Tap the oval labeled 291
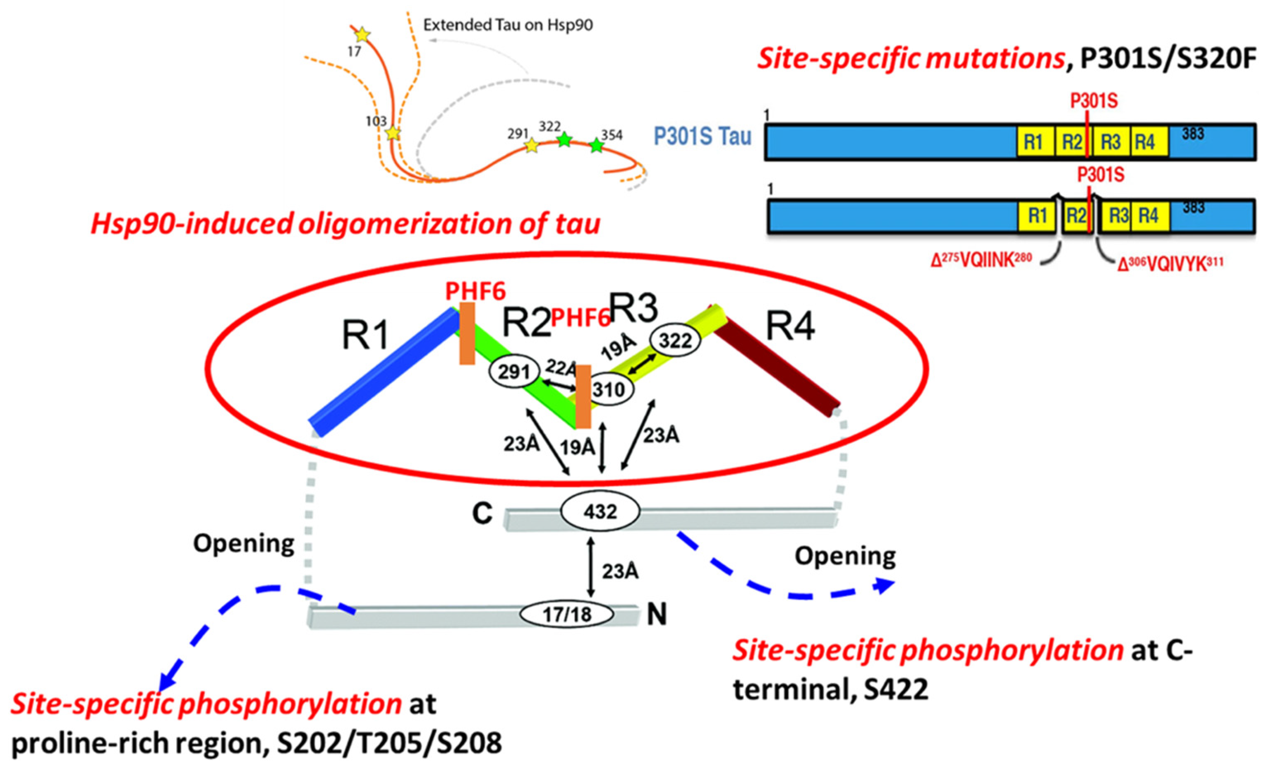pyautogui.click(x=514, y=371)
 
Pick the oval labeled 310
pyautogui.click(x=609, y=389)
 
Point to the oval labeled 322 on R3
pyautogui.click(x=675, y=341)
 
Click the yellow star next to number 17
pyautogui.click(x=362, y=36)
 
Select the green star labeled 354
pyautogui.click(x=596, y=146)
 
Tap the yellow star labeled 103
pyautogui.click(x=393, y=134)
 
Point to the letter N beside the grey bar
pyautogui.click(x=657, y=614)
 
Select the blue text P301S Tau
pyautogui.click(x=702, y=137)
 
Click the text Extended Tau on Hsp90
pyautogui.click(x=508, y=25)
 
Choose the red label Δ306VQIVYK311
pyautogui.click(x=1170, y=264)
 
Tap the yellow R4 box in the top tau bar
pyautogui.click(x=1149, y=142)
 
